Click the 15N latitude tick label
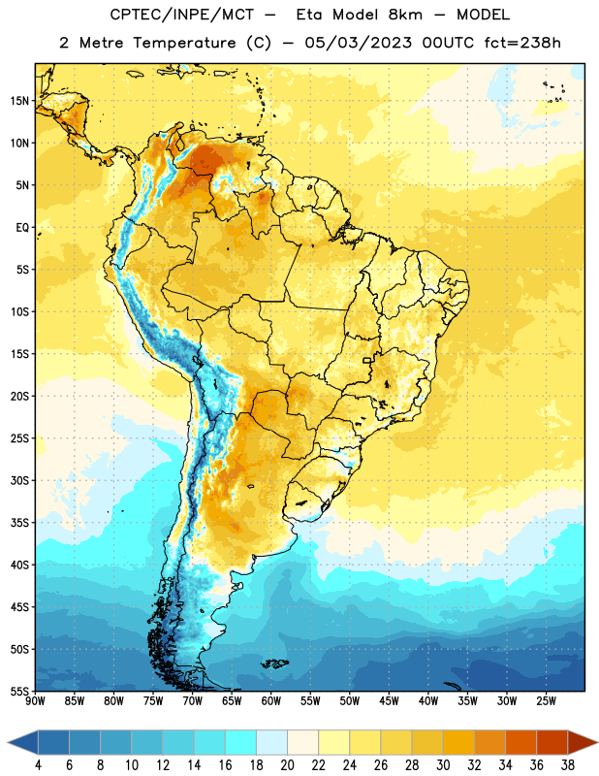point(19,101)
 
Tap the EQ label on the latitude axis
point(22,228)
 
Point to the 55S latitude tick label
point(19,691)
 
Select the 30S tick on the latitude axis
point(19,480)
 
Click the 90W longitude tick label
point(36,701)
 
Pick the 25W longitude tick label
point(546,701)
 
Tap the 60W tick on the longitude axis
point(271,701)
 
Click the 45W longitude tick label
point(389,701)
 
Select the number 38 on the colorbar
point(567,765)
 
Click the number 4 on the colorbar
point(38,765)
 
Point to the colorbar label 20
point(287,765)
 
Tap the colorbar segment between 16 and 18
point(241,743)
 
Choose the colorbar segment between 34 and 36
point(520,743)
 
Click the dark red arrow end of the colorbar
point(582,743)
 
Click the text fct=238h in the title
point(522,43)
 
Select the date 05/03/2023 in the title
point(358,43)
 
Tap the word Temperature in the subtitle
point(184,43)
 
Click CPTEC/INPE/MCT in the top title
point(181,15)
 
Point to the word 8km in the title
point(405,15)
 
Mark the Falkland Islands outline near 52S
point(274,663)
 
